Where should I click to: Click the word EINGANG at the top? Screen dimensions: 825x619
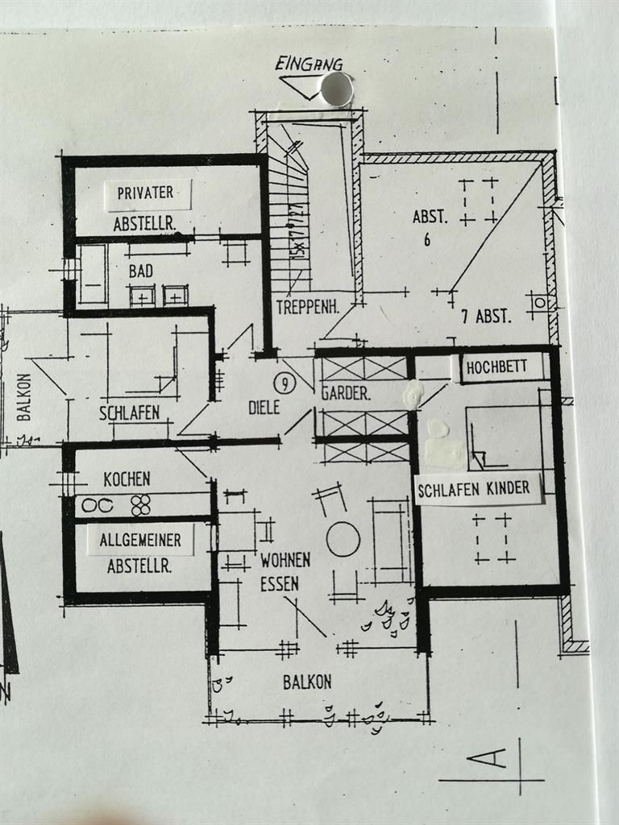[x=309, y=64]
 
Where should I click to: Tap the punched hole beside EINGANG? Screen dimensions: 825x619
[x=337, y=88]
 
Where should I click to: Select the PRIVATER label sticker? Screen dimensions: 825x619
[x=146, y=193]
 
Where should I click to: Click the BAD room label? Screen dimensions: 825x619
[x=140, y=272]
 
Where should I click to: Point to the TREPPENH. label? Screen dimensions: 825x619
[x=306, y=307]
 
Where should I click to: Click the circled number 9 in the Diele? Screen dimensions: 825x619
[x=289, y=383]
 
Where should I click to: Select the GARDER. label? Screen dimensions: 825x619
[x=346, y=395]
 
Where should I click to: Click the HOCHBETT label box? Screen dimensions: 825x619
[x=496, y=367]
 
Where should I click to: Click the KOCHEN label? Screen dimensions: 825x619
[x=127, y=479]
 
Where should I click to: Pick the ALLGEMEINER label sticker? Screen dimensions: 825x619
[x=140, y=541]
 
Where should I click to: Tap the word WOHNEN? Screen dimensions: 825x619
[x=285, y=560]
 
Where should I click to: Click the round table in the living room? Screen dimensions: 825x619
[x=343, y=538]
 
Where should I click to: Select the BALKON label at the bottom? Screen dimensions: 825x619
[x=307, y=682]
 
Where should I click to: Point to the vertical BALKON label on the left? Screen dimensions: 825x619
[x=23, y=396]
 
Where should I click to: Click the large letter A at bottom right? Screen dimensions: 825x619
[x=489, y=758]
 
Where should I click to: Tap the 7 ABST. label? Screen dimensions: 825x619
[x=486, y=317]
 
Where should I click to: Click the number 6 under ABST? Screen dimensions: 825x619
[x=427, y=239]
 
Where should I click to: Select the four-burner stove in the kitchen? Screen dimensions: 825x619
[x=141, y=505]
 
